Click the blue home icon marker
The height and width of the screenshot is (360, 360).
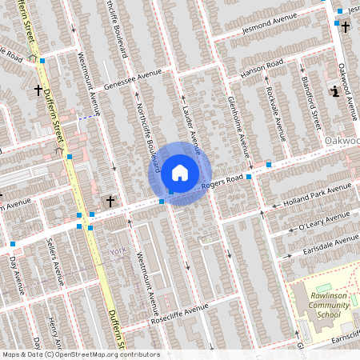180,172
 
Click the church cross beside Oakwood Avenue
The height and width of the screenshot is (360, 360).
346,28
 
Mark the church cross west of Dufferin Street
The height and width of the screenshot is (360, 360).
38,90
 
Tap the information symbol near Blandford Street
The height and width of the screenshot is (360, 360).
334,91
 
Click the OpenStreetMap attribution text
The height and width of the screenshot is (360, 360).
81,354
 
